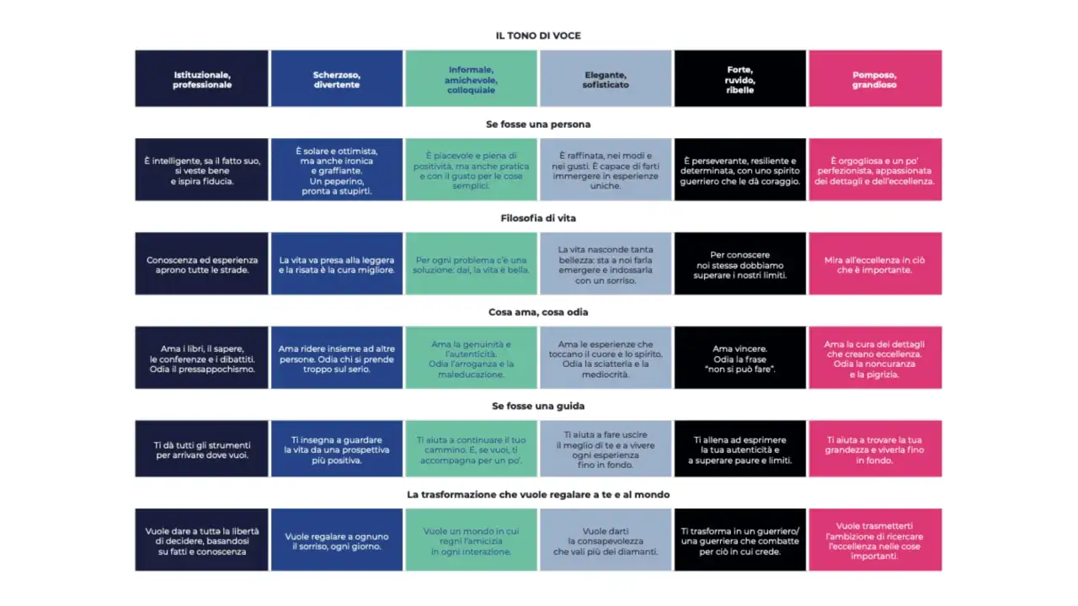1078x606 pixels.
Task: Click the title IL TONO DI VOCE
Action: tap(538, 35)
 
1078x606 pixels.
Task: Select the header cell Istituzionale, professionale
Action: tap(201, 78)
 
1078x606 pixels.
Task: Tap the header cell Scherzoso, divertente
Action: tap(336, 78)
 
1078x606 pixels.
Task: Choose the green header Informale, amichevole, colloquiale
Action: tap(471, 78)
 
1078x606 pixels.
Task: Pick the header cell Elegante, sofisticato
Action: tap(606, 78)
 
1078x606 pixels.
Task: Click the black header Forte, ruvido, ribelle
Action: tap(739, 78)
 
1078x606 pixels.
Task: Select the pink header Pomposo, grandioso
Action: tap(875, 78)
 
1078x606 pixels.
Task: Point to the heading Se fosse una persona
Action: tap(538, 125)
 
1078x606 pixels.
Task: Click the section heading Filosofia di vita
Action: tap(538, 218)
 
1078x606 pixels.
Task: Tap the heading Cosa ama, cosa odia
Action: tap(538, 312)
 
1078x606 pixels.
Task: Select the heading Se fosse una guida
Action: tap(538, 406)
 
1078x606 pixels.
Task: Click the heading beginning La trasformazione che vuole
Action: tap(538, 494)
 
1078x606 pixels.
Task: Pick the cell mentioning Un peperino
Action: tap(336, 170)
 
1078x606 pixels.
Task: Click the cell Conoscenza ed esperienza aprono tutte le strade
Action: tap(201, 263)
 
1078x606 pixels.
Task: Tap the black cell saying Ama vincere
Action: tap(739, 358)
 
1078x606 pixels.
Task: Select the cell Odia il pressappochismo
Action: tap(201, 358)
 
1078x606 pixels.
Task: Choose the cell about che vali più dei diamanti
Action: tap(606, 540)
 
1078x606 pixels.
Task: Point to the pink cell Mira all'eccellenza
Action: tap(875, 263)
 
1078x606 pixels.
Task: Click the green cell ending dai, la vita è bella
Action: tap(471, 263)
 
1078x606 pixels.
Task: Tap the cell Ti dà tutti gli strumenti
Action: tap(201, 449)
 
